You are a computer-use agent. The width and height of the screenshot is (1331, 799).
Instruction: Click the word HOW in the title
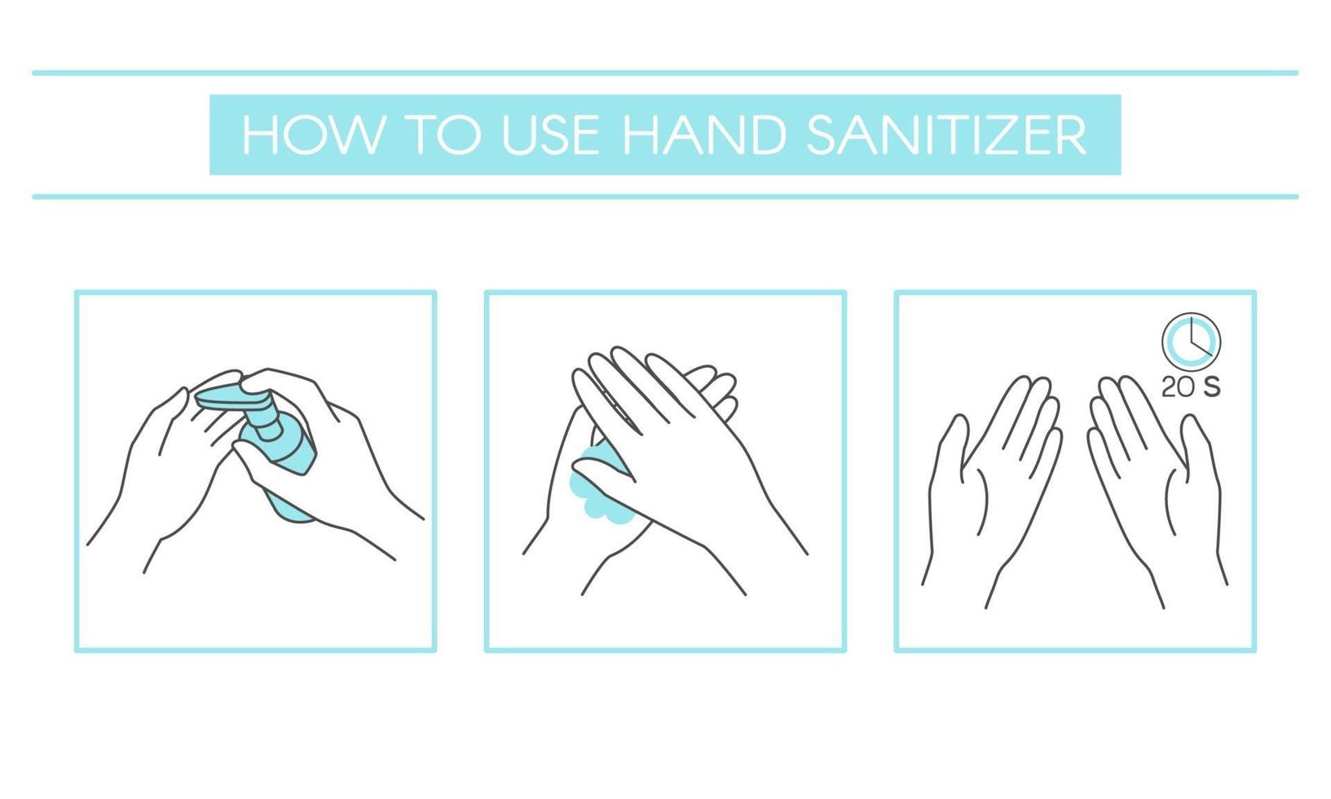[312, 135]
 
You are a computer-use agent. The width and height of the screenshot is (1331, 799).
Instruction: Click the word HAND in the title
[704, 135]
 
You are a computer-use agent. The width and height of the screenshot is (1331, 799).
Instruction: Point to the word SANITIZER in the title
[946, 135]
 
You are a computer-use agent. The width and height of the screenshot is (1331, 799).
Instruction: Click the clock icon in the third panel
[1191, 342]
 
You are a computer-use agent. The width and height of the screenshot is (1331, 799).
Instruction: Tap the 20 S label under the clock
[1191, 387]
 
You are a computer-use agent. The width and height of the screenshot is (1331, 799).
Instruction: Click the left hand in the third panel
[991, 488]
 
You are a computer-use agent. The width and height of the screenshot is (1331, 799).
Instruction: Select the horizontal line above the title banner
[665, 73]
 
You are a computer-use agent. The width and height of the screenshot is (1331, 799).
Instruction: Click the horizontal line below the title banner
[665, 196]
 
